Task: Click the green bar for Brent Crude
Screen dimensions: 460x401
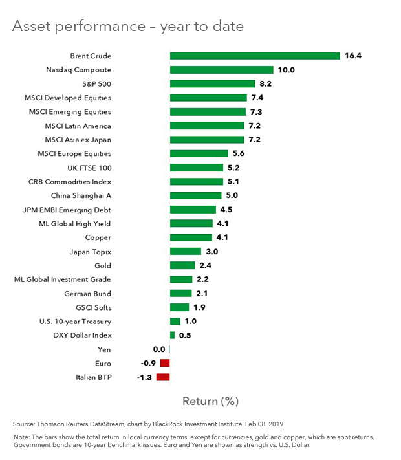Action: coord(255,56)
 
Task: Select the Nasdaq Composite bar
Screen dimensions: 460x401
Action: coord(221,70)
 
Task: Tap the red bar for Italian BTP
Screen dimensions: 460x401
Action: coord(162,377)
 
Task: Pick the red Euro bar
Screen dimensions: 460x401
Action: coord(165,363)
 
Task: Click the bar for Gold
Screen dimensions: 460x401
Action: coord(182,265)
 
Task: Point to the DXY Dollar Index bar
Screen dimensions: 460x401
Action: coord(172,335)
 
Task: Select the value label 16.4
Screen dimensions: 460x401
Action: coord(353,56)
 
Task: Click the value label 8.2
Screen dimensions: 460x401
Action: coord(268,83)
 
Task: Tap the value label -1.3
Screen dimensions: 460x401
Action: coord(144,377)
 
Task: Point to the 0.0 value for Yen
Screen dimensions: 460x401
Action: coord(159,349)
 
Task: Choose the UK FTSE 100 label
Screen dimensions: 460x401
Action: coord(89,168)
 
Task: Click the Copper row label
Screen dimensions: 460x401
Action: coord(98,237)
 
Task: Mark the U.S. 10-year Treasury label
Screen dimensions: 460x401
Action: coord(75,321)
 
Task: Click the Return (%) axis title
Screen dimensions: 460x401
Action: coord(210,401)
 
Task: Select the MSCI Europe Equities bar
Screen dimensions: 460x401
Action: coord(199,153)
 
